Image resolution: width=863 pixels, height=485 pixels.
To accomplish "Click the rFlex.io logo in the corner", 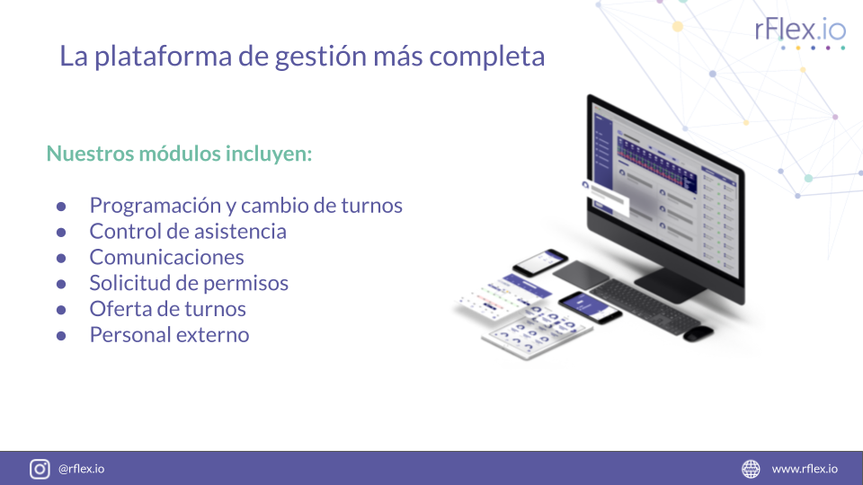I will [x=800, y=31].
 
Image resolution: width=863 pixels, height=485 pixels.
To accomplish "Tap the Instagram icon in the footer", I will [x=40, y=469].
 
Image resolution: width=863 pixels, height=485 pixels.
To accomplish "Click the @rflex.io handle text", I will [x=81, y=469].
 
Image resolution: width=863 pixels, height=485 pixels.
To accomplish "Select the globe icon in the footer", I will [x=751, y=469].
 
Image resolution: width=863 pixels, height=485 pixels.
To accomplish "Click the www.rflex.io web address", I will [x=805, y=469].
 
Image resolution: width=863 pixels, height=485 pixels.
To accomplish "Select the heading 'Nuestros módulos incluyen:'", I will [x=179, y=154].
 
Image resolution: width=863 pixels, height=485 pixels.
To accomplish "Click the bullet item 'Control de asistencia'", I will [x=188, y=231].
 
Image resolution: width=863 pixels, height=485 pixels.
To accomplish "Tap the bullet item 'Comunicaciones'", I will [x=166, y=257].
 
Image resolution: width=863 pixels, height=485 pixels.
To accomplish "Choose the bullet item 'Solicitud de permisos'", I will [x=189, y=283].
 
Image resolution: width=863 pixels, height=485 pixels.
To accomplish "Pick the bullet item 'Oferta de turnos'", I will [x=167, y=309].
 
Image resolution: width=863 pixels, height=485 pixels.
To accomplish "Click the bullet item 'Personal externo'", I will [x=169, y=335].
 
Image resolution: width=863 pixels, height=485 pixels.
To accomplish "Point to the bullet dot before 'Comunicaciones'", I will [x=61, y=258].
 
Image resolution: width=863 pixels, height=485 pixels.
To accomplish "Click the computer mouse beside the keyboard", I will [x=698, y=333].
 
